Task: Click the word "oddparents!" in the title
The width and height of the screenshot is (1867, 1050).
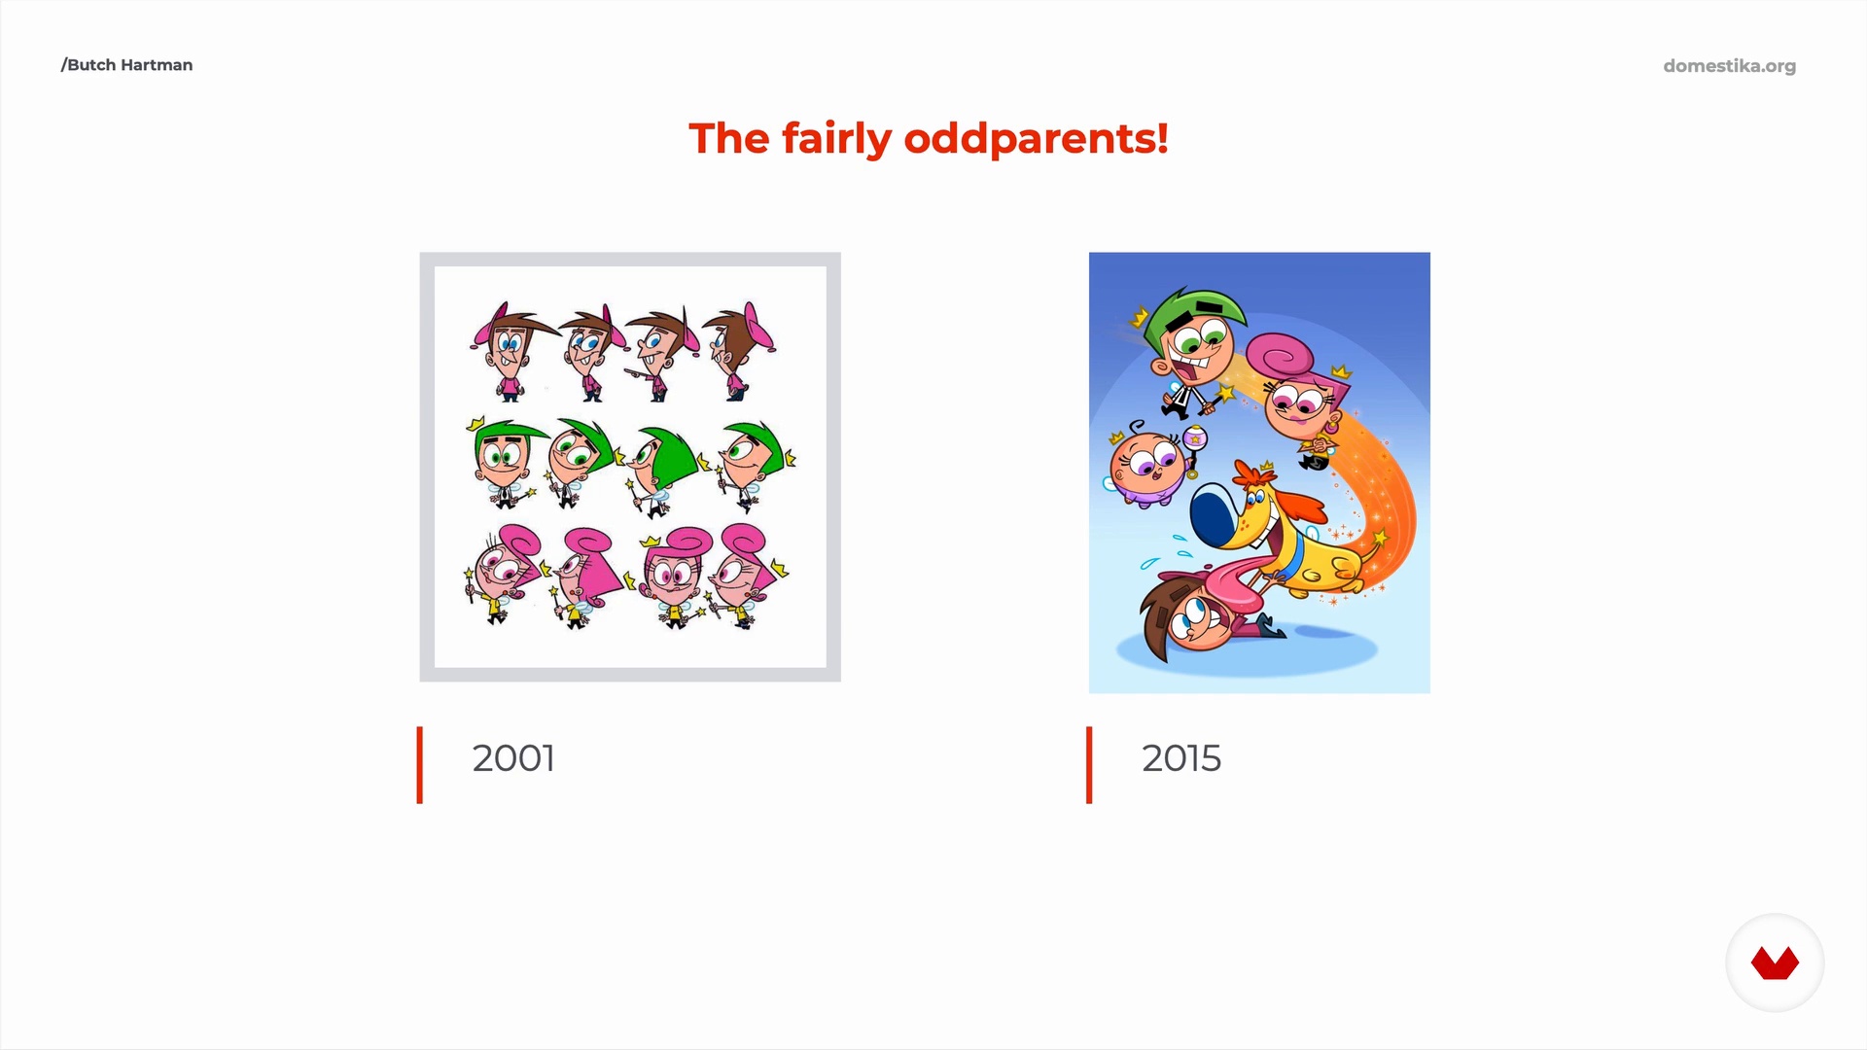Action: [1036, 139]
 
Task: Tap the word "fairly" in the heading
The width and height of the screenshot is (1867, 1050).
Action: [836, 139]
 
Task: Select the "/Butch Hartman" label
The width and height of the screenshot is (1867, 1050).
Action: [126, 65]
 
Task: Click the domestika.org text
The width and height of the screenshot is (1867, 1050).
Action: [1729, 66]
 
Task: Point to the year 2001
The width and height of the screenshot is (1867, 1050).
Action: [513, 758]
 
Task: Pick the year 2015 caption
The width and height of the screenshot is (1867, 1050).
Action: [1181, 758]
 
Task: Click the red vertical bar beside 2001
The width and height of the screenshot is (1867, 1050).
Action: [420, 765]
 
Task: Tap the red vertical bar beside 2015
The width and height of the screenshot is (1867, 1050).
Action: [1089, 765]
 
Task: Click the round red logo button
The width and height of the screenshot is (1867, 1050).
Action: [1775, 962]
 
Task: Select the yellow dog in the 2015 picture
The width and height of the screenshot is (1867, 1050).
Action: [1284, 535]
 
